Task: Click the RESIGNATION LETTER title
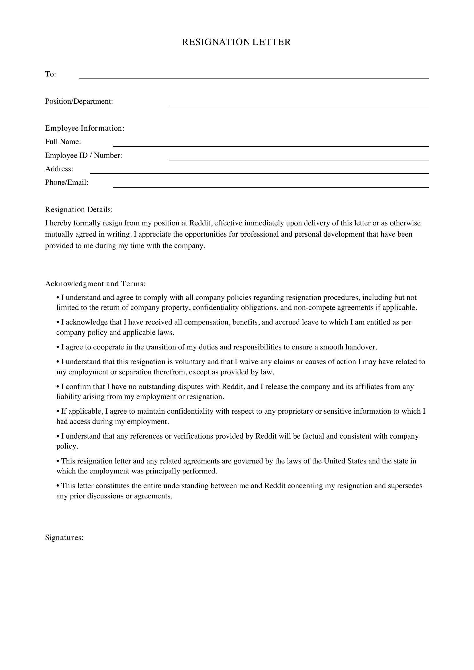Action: click(236, 42)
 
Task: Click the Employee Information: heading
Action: click(85, 128)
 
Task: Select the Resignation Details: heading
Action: click(79, 209)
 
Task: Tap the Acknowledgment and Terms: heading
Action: click(95, 284)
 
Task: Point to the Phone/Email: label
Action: click(66, 182)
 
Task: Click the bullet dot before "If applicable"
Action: click(58, 411)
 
